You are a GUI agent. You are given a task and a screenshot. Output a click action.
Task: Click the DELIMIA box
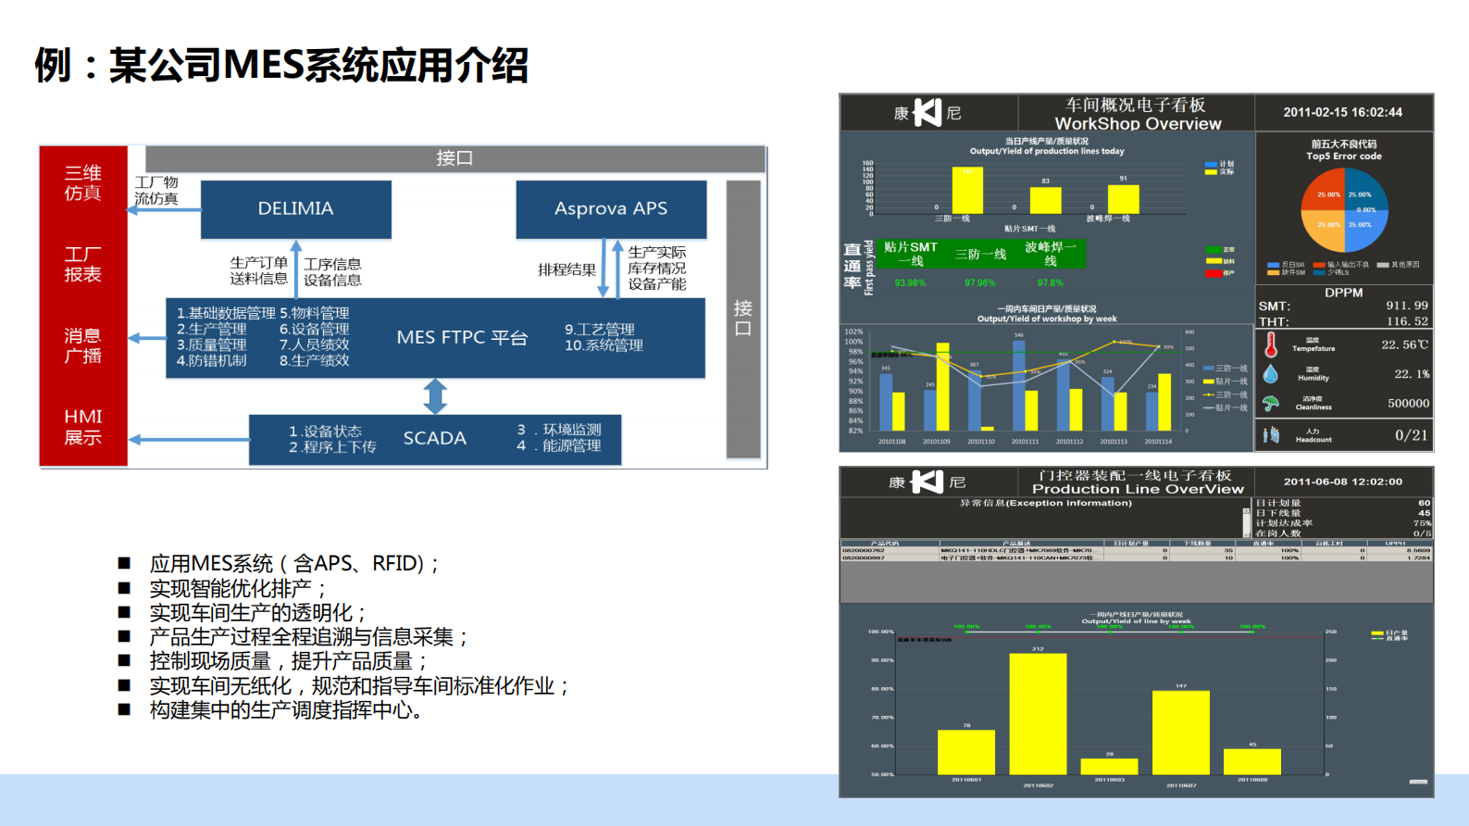[x=295, y=208]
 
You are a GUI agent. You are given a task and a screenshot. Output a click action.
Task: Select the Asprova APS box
[x=611, y=208]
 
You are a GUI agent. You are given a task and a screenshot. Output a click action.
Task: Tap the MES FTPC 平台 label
[x=462, y=338]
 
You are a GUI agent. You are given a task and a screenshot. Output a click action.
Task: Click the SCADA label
[x=434, y=438]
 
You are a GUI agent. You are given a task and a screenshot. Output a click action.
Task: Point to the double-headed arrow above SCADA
[x=435, y=396]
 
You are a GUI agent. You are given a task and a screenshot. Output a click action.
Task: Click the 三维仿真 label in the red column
[x=82, y=183]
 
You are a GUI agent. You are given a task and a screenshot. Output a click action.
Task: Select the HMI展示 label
[x=82, y=427]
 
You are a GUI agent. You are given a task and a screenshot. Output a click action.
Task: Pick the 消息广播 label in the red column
[x=82, y=345]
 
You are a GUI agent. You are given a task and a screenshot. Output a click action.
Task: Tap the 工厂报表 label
[x=82, y=264]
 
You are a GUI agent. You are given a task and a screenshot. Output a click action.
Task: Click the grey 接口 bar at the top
[x=454, y=158]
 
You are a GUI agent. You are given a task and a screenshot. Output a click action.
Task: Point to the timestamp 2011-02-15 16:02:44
[x=1342, y=112]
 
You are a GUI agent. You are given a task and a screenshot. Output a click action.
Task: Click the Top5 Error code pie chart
[x=1344, y=210]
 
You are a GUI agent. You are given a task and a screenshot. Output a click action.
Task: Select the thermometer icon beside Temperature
[x=1272, y=344]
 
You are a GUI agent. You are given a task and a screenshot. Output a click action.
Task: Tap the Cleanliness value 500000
[x=1408, y=404]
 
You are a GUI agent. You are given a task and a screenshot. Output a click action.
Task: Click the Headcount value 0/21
[x=1411, y=435]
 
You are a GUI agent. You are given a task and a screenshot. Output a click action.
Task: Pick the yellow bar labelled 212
[x=1038, y=713]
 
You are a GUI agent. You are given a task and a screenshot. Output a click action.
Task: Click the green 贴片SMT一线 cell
[x=911, y=254]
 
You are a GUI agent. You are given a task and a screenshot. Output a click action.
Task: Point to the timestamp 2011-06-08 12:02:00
[x=1342, y=482]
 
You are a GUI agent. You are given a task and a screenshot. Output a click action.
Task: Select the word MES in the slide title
[x=264, y=66]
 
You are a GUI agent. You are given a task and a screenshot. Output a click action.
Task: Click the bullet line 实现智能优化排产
[x=238, y=589]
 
